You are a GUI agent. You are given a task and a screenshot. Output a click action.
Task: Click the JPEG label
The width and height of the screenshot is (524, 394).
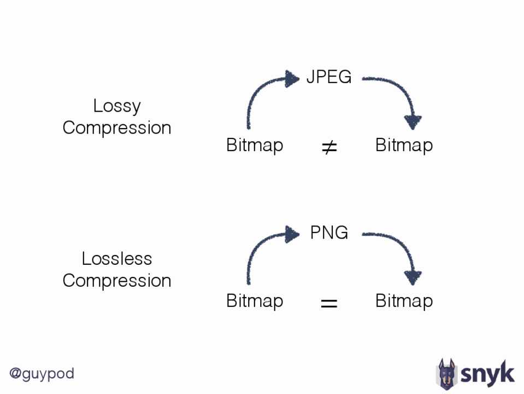328,77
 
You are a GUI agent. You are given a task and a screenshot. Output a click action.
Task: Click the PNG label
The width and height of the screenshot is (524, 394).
329,233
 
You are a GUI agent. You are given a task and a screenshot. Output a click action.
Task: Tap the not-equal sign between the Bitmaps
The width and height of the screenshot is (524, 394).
329,147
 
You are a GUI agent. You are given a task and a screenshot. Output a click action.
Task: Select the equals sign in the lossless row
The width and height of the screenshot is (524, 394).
329,303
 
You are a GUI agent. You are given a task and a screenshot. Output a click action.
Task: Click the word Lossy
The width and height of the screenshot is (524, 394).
117,106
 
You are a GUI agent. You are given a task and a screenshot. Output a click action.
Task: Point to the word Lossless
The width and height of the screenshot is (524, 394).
117,258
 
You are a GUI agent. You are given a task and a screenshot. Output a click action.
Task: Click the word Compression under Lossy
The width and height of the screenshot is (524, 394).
117,128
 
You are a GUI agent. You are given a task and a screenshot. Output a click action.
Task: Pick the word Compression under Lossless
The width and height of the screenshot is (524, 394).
117,281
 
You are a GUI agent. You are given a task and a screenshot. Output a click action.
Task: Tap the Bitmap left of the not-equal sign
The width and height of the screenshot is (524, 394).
255,146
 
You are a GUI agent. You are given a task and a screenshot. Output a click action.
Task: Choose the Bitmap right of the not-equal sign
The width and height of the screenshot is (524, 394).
404,146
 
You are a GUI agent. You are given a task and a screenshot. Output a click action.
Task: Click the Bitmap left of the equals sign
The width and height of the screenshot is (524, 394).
255,301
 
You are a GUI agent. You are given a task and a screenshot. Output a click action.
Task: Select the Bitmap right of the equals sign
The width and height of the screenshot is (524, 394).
404,301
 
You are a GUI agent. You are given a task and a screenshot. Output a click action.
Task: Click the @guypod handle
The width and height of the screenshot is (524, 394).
42,374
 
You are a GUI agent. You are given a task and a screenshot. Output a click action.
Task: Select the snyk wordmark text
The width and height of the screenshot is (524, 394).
487,374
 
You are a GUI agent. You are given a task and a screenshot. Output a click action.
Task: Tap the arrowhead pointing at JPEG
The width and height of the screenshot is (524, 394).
292,79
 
